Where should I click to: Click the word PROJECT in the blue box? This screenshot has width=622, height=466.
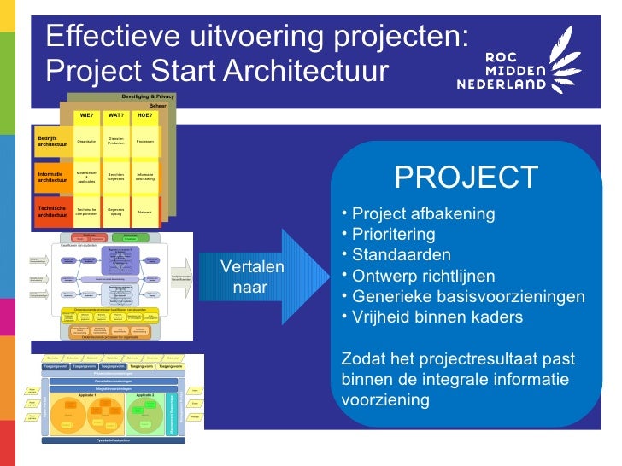466,178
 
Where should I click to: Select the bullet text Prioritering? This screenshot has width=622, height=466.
393,235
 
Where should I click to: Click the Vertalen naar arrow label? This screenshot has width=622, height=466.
251,277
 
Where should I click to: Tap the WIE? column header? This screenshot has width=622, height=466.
86,114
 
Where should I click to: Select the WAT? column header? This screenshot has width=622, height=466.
116,114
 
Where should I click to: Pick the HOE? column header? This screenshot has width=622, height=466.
145,114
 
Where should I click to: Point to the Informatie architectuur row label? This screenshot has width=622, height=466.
52,177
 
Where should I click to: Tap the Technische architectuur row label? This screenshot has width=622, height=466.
52,212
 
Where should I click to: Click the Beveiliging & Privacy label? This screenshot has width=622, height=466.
148,96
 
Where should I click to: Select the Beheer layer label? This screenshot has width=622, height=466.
158,106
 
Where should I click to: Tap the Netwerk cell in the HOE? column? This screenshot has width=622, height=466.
145,212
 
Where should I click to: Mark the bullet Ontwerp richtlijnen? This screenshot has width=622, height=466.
423,277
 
